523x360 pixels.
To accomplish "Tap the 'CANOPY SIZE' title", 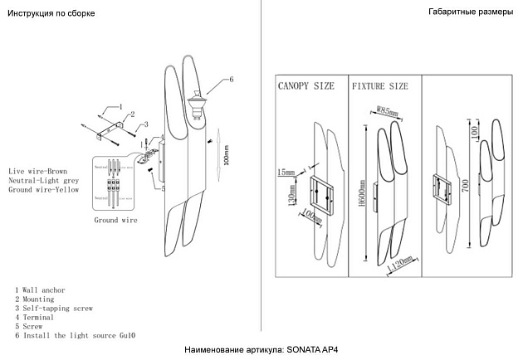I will tap(307, 85).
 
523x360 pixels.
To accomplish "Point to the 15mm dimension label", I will tap(286, 172).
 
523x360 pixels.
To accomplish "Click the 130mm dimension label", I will tap(291, 197).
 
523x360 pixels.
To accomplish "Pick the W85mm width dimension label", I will tap(388, 110).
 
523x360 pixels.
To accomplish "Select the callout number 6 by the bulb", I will tap(231, 79).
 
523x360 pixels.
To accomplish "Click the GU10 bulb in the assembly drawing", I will tap(198, 105).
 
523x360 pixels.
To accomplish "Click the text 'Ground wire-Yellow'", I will tap(43, 190).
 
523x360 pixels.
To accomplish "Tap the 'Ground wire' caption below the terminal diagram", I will tap(115, 221).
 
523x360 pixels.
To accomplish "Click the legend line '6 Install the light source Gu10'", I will tap(75, 336).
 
